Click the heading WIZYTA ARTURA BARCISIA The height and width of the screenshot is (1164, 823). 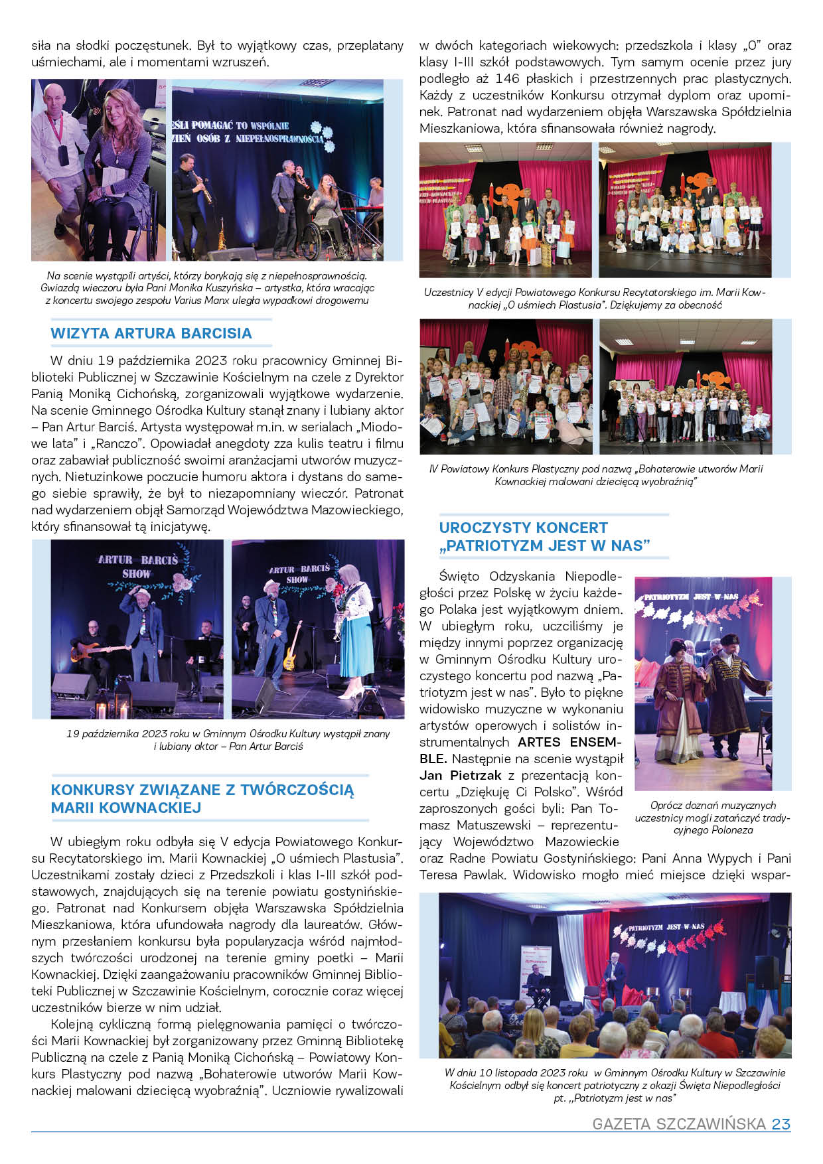coord(151,333)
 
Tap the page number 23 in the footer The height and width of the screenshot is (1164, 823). coord(781,1124)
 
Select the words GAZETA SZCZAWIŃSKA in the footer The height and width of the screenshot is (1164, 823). coord(679,1124)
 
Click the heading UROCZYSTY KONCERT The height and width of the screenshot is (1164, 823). coord(523,528)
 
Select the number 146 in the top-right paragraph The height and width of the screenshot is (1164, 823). coord(514,79)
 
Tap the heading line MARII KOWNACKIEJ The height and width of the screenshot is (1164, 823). coord(126,808)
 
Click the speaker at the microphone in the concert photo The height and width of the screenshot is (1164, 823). coord(615,976)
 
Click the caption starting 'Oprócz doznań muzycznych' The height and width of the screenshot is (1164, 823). coord(712,806)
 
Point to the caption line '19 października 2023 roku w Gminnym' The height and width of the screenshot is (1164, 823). coord(228,733)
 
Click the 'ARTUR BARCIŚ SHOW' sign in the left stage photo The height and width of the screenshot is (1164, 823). coord(138,566)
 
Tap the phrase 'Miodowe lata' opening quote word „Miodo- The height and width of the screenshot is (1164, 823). coord(378,427)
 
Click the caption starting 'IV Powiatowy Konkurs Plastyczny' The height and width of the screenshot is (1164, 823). coord(595,469)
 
